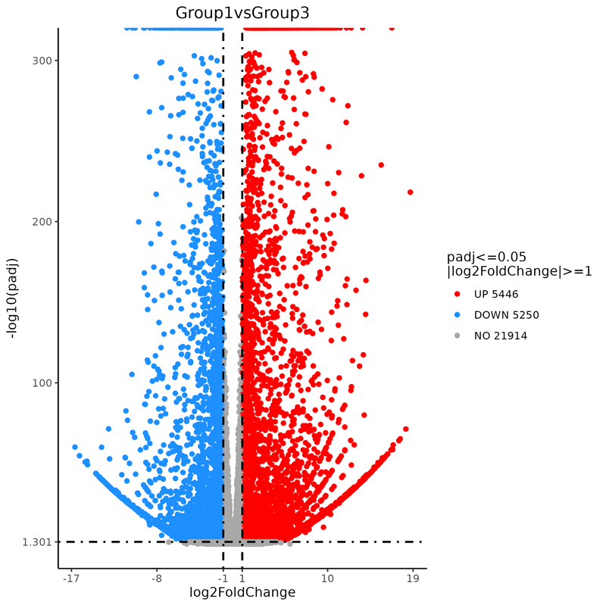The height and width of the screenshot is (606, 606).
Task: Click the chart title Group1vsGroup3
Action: point(242,13)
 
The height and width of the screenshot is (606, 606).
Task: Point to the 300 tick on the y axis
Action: point(42,61)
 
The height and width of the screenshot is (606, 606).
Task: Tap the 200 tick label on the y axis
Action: point(42,222)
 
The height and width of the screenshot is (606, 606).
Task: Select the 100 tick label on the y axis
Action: point(42,383)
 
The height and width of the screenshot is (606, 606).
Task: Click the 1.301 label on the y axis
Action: point(36,542)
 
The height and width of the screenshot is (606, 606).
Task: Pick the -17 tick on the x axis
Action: point(70,579)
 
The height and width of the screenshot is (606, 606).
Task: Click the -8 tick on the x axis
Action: point(157,579)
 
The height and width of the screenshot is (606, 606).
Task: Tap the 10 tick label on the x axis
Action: point(327,579)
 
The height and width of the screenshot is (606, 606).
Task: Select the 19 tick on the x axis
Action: point(413,579)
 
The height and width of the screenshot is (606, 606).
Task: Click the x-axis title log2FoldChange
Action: point(242,592)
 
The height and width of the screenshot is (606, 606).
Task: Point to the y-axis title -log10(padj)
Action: point(12,298)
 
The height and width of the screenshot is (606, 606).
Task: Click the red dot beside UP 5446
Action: point(458,295)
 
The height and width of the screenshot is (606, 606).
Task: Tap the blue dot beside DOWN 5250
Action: point(458,315)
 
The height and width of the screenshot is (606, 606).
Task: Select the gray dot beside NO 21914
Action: point(458,336)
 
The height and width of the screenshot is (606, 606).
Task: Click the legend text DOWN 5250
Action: point(506,315)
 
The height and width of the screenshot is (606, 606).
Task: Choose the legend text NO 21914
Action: point(501,336)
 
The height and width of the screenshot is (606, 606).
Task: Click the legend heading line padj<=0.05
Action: point(486,258)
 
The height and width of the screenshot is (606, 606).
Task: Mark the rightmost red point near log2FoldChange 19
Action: point(411,192)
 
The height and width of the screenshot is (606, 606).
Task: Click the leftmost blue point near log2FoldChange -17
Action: point(75,447)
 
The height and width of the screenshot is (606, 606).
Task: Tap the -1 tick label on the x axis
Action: point(223,579)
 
